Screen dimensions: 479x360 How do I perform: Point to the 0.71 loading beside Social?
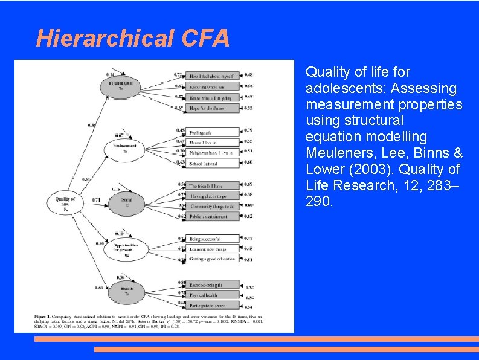[96, 200]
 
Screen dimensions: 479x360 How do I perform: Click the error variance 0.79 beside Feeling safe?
[249, 130]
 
